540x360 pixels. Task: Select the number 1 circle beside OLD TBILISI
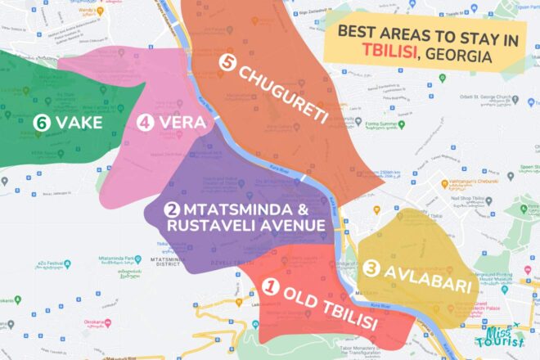pyautogui.click(x=272, y=288)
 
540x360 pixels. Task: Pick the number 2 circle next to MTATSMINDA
pyautogui.click(x=173, y=209)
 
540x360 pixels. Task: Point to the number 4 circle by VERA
pyautogui.click(x=146, y=123)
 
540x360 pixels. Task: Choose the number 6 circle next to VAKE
pyautogui.click(x=41, y=123)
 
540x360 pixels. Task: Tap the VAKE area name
pyautogui.click(x=80, y=123)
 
